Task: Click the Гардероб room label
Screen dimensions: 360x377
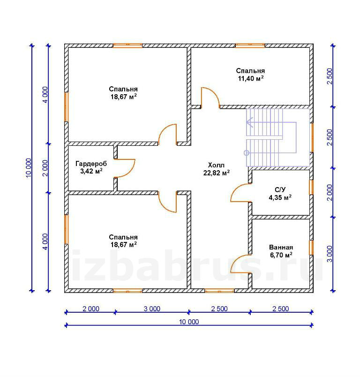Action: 91,164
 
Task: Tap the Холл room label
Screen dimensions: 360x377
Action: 216,165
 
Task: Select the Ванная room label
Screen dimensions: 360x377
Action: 281,248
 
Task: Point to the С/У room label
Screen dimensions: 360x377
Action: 280,190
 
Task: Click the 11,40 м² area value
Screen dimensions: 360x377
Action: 251,78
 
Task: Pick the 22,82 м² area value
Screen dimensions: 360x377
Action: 216,173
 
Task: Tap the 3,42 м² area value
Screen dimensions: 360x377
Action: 91,171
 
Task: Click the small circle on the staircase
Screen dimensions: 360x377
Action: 247,153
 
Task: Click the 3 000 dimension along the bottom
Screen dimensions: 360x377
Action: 152,309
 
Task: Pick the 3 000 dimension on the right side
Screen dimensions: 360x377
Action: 330,254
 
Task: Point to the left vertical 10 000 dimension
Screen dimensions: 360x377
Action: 28,168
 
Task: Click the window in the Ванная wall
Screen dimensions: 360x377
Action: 311,248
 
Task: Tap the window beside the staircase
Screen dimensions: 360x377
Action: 312,138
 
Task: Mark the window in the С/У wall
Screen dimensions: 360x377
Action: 311,187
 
